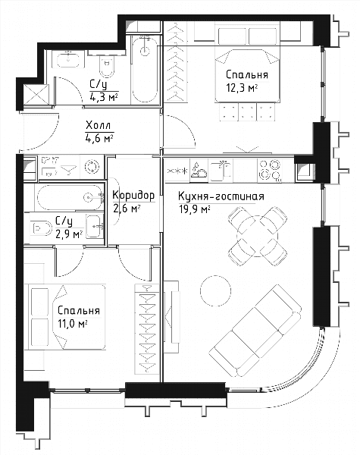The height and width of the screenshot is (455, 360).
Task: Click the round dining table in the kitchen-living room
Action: coord(258,236)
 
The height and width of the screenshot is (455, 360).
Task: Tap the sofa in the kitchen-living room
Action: coord(255,330)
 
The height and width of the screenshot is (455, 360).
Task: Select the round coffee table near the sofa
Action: coord(215,290)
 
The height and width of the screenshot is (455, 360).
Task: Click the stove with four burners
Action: coord(270,171)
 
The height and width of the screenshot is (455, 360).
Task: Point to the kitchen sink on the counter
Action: coord(221,171)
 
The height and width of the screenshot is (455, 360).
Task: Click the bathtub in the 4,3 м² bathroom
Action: coord(145,69)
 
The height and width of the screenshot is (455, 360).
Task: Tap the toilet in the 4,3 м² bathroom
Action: coord(106,67)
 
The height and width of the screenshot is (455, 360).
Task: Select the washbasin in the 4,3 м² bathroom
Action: coord(68,59)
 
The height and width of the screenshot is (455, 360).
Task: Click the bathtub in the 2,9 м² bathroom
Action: coord(69,198)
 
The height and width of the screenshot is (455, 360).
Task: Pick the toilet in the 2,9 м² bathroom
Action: coord(42,228)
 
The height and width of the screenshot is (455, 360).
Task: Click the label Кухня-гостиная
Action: coord(221,196)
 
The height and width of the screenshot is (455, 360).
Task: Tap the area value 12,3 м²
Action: coord(242,88)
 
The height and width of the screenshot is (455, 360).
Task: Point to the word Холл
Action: coord(98,126)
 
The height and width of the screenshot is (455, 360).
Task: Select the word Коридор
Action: coord(133,196)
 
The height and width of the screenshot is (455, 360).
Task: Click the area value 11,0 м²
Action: coord(73,324)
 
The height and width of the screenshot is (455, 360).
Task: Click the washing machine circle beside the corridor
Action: coord(92,167)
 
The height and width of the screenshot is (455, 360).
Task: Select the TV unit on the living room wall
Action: coord(171,316)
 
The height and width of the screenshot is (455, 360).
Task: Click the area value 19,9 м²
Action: coord(194,209)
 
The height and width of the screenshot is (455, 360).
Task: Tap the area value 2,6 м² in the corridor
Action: coord(127,209)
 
